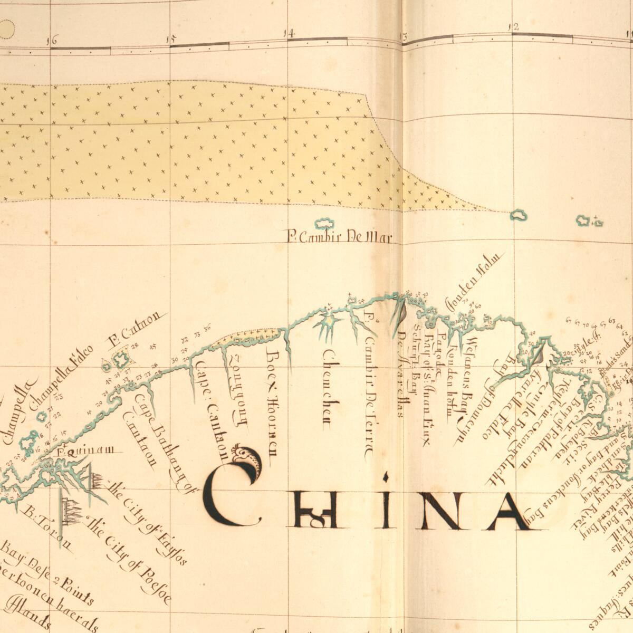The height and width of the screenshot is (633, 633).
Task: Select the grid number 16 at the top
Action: click(x=52, y=40)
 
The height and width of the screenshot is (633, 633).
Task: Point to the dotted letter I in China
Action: click(x=386, y=504)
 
